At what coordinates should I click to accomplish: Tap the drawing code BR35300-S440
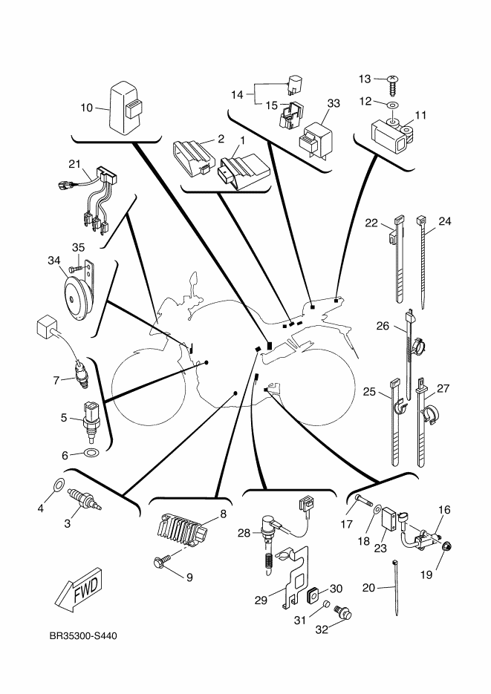point(82,638)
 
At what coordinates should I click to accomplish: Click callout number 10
point(86,108)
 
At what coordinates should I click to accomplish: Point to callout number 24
point(445,221)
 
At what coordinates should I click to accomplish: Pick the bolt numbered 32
point(344,613)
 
